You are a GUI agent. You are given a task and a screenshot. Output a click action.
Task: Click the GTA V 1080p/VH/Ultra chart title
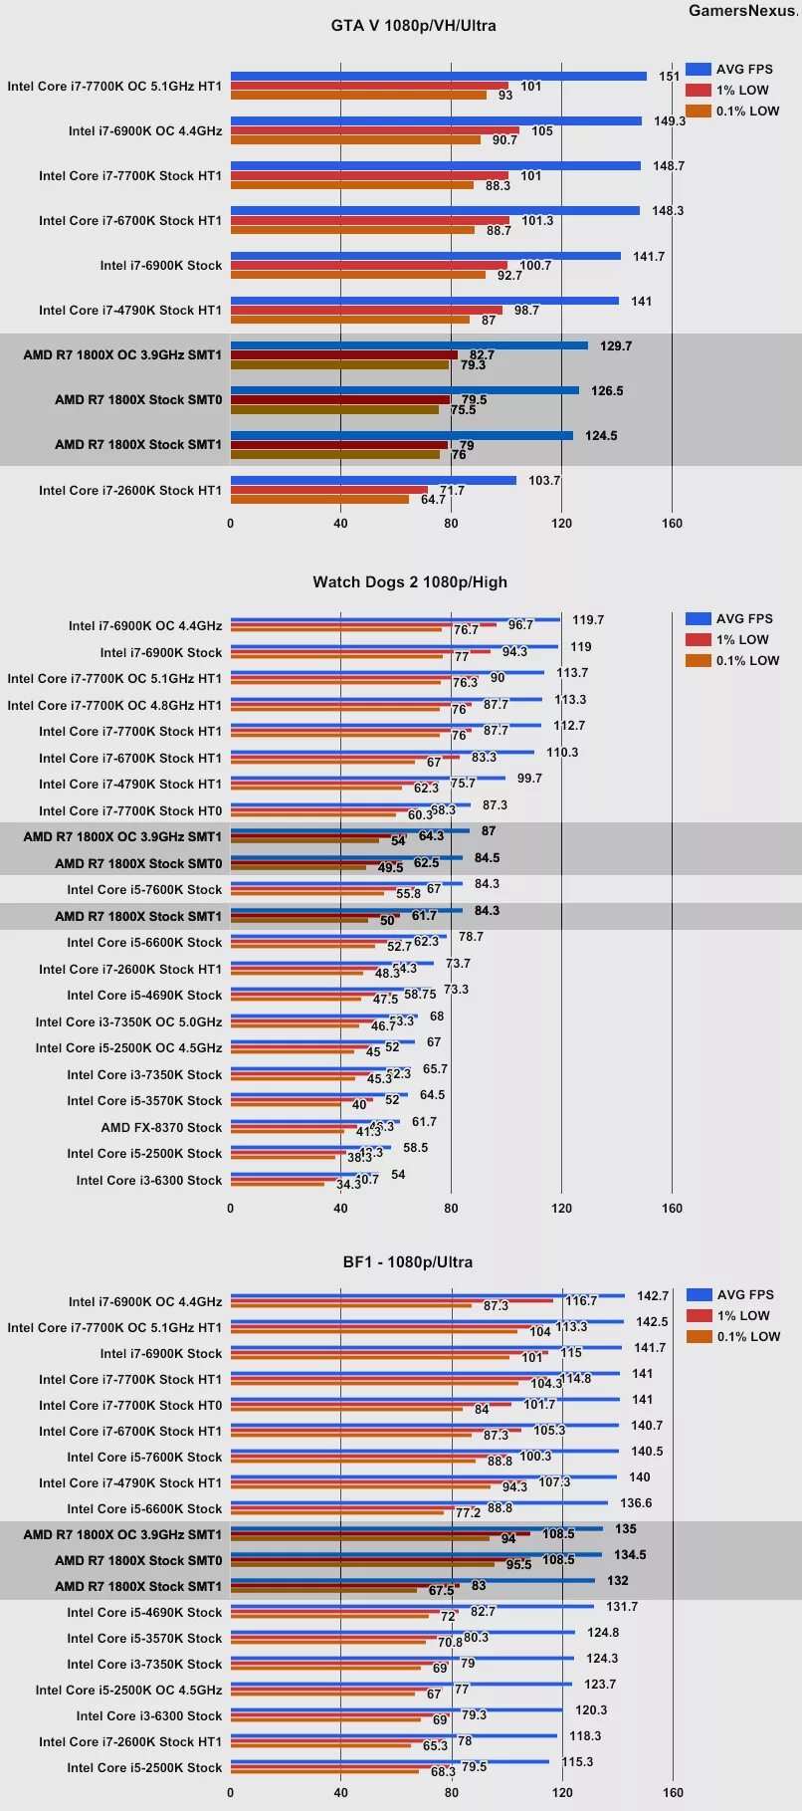point(413,26)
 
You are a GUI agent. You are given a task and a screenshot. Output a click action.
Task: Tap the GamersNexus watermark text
point(743,11)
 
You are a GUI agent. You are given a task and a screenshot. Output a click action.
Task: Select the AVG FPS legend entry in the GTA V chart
point(730,69)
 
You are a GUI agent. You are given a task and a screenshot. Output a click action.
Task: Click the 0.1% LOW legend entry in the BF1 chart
point(734,1336)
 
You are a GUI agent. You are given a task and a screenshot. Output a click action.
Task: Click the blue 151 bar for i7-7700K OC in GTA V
point(438,76)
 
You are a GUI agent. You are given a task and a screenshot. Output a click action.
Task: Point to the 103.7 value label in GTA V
point(544,481)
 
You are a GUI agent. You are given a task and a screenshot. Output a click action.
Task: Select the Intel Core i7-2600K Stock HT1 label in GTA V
point(130,490)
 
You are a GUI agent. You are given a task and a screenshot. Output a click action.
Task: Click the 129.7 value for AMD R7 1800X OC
point(616,346)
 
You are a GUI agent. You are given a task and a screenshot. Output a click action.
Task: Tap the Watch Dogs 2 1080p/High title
point(410,582)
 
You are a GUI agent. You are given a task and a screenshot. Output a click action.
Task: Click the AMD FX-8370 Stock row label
point(161,1127)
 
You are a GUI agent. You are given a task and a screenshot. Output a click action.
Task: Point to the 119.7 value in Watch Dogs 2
point(588,620)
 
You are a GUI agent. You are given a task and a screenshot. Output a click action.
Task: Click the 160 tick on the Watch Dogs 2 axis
point(672,1208)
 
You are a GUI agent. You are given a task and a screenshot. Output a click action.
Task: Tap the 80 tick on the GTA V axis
point(451,523)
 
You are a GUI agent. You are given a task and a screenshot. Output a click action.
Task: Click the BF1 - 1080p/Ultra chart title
point(408,1262)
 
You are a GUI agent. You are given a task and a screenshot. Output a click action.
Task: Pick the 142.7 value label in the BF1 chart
point(653,1296)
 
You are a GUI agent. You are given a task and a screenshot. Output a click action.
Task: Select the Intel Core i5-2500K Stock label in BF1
point(144,1767)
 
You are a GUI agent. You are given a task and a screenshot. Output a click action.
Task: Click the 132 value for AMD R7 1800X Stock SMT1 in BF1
point(618,1581)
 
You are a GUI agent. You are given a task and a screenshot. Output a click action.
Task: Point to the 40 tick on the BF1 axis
point(340,1792)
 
